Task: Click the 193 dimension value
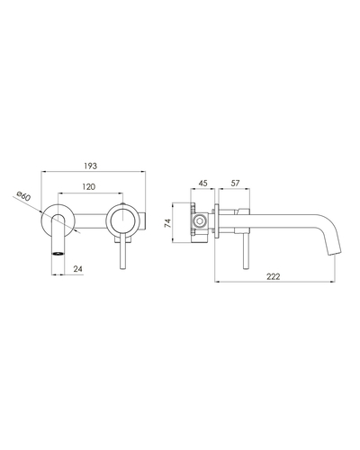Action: (x=91, y=166)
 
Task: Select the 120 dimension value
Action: (x=89, y=187)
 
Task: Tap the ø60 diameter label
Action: (x=23, y=195)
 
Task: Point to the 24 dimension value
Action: (x=77, y=269)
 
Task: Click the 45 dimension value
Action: (x=203, y=183)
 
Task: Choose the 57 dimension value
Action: (x=235, y=183)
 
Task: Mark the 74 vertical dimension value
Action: (x=167, y=223)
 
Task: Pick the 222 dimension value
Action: (x=274, y=276)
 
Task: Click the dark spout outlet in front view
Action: (x=58, y=254)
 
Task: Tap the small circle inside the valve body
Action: (x=199, y=221)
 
